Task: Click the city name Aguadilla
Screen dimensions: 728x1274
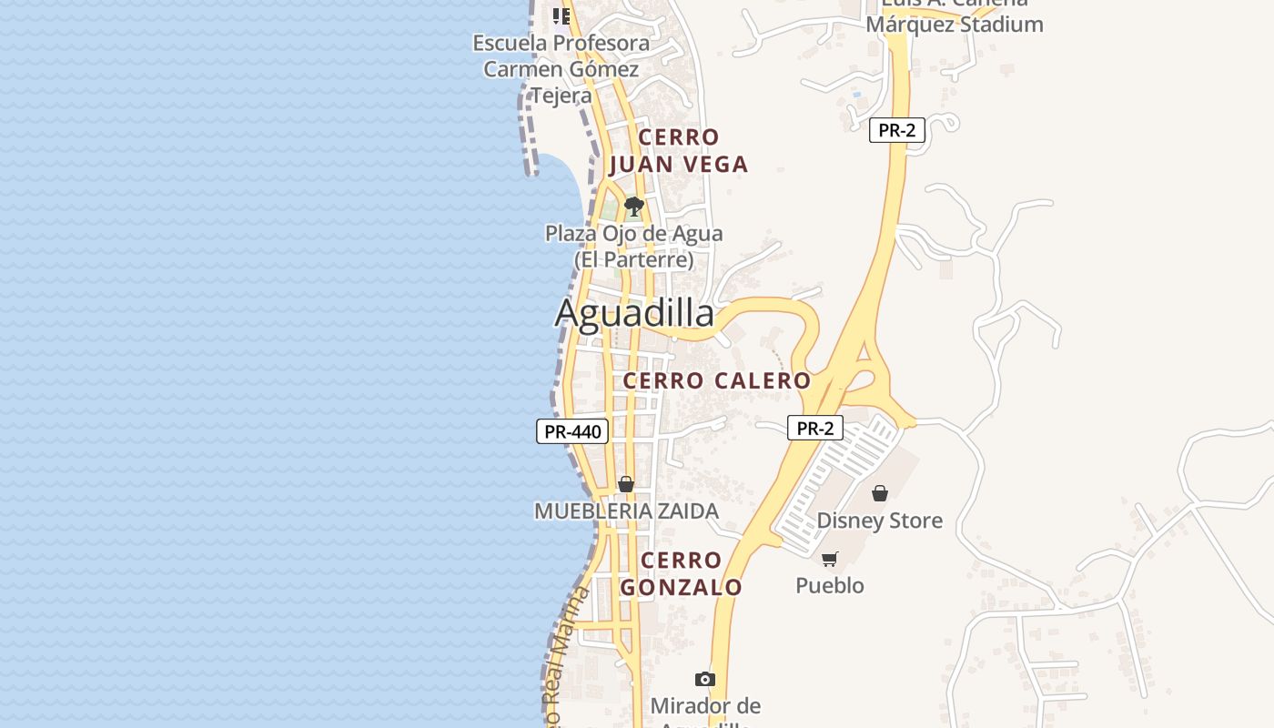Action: tap(634, 314)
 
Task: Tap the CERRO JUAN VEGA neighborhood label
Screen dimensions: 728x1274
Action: tap(679, 151)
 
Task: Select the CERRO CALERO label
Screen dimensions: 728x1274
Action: tap(717, 380)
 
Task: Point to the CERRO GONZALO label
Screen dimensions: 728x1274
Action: tap(682, 574)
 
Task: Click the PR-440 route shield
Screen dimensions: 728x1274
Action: tap(572, 431)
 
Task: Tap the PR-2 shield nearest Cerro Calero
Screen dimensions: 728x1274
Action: tap(815, 428)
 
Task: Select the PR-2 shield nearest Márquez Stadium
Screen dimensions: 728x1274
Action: tap(896, 130)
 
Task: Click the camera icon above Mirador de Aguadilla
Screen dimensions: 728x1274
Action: tap(704, 679)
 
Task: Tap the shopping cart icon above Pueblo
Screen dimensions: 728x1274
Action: tap(829, 559)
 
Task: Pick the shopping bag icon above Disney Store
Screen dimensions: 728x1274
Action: tap(880, 493)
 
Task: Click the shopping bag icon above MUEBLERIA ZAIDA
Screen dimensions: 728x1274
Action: tap(626, 484)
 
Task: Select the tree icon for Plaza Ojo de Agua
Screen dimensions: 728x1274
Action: tap(634, 207)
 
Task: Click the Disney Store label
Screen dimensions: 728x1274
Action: tap(879, 521)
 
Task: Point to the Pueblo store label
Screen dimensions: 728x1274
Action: tap(830, 585)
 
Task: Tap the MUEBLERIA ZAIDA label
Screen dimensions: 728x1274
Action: tap(626, 511)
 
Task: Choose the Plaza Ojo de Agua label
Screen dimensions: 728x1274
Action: tap(634, 246)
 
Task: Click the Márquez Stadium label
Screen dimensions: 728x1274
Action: tap(954, 24)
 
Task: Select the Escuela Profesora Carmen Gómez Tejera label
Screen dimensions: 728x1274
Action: tap(561, 69)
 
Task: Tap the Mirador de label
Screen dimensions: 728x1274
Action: tap(705, 706)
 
